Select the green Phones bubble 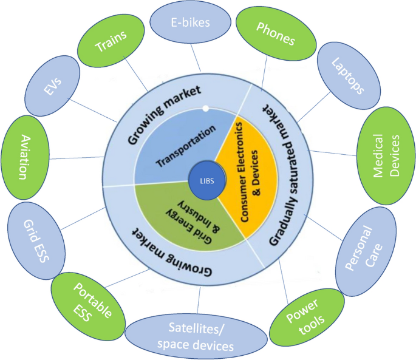(274, 34)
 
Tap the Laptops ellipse (347, 75)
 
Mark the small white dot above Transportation (205, 109)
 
